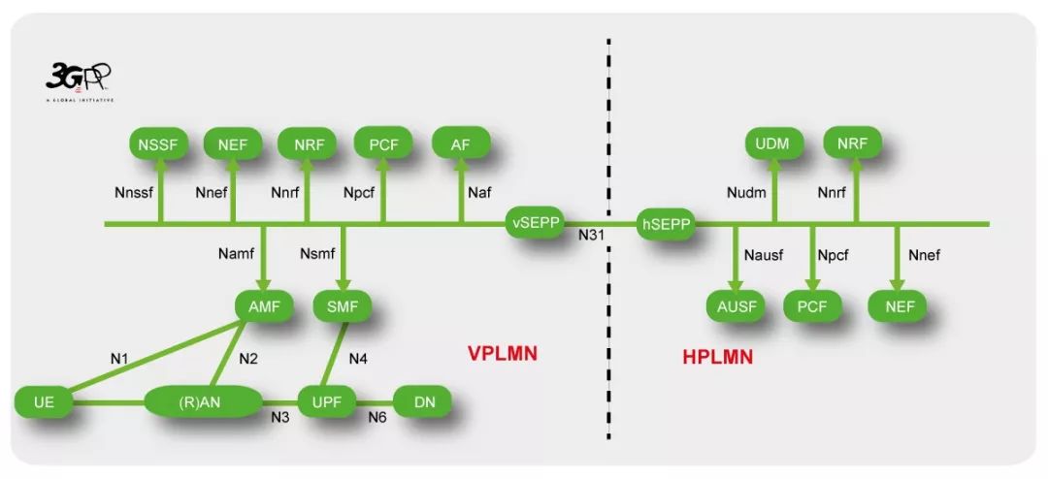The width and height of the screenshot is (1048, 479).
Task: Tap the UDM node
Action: coord(772,144)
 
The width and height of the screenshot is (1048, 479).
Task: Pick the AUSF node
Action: coord(736,306)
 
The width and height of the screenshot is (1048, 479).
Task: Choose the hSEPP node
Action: coord(666,225)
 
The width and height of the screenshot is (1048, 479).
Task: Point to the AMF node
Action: coord(264,306)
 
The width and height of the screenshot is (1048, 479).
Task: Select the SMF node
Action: coord(343,306)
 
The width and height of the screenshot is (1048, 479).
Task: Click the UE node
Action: coord(44,400)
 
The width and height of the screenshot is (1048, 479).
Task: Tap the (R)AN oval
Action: coord(203,400)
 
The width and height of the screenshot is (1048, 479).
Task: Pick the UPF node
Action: coord(326,400)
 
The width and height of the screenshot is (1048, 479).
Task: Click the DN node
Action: coord(424,400)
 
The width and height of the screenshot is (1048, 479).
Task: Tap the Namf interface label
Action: coord(237,256)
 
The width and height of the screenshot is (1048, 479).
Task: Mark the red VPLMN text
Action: coord(502,354)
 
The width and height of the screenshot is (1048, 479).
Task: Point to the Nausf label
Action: coord(764,256)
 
